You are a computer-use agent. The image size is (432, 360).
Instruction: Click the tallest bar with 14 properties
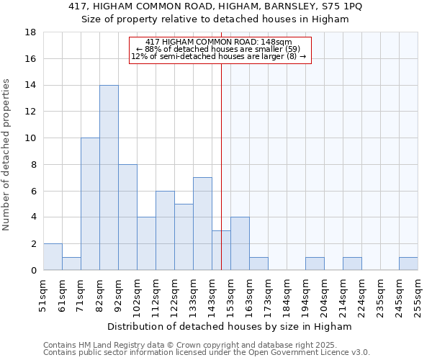(109, 177)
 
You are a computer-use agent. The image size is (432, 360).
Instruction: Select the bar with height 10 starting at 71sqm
(90, 204)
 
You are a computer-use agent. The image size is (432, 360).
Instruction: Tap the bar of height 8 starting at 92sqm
(127, 217)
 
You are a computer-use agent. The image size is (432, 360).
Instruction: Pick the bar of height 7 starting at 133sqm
(202, 223)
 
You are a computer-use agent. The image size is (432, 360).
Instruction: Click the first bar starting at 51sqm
(53, 257)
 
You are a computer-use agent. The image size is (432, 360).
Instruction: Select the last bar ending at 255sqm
(408, 264)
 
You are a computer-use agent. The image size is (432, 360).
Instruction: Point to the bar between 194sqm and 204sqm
(315, 264)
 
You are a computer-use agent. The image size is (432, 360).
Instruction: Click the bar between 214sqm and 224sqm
(352, 264)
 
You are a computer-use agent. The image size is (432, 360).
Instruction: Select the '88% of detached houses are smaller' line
(219, 49)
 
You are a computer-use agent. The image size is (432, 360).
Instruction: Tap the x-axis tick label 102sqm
(137, 294)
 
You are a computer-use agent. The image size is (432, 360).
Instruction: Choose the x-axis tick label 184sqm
(287, 294)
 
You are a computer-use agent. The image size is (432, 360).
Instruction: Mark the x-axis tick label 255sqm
(418, 294)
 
